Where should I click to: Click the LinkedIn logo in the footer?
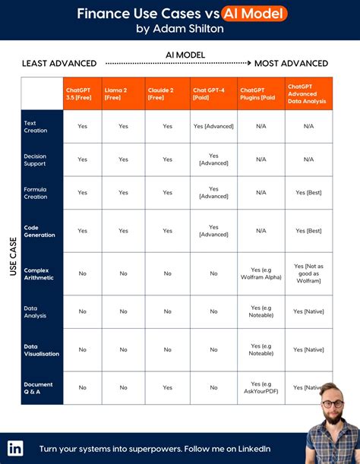(15, 448)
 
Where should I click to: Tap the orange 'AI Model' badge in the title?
(255, 14)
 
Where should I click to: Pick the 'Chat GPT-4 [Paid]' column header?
(213, 93)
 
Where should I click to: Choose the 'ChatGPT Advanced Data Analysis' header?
(308, 93)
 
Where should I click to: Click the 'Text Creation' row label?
(35, 126)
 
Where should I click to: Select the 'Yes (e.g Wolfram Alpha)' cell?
(261, 273)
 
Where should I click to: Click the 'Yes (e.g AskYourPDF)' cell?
(261, 387)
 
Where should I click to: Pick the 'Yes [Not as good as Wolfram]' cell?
(308, 273)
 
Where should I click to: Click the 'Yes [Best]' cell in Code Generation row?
(308, 231)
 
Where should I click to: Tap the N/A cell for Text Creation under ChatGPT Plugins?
(261, 126)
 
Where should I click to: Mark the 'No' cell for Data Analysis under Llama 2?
(123, 311)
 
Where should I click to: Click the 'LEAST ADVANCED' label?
(59, 64)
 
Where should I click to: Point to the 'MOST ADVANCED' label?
(291, 64)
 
